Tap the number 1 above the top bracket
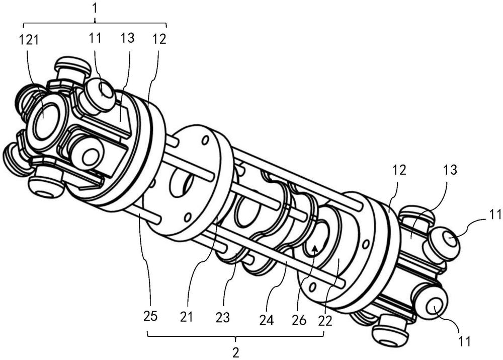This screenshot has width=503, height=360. [x=95, y=9]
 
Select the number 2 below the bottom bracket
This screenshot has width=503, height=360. [x=236, y=352]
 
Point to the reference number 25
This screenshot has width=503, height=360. [x=150, y=316]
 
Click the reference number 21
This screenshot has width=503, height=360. [x=186, y=317]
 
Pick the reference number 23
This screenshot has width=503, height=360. [x=223, y=318]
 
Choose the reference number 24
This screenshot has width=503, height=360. [x=267, y=320]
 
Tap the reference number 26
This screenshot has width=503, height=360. [x=299, y=320]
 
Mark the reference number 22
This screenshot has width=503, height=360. [x=325, y=321]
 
